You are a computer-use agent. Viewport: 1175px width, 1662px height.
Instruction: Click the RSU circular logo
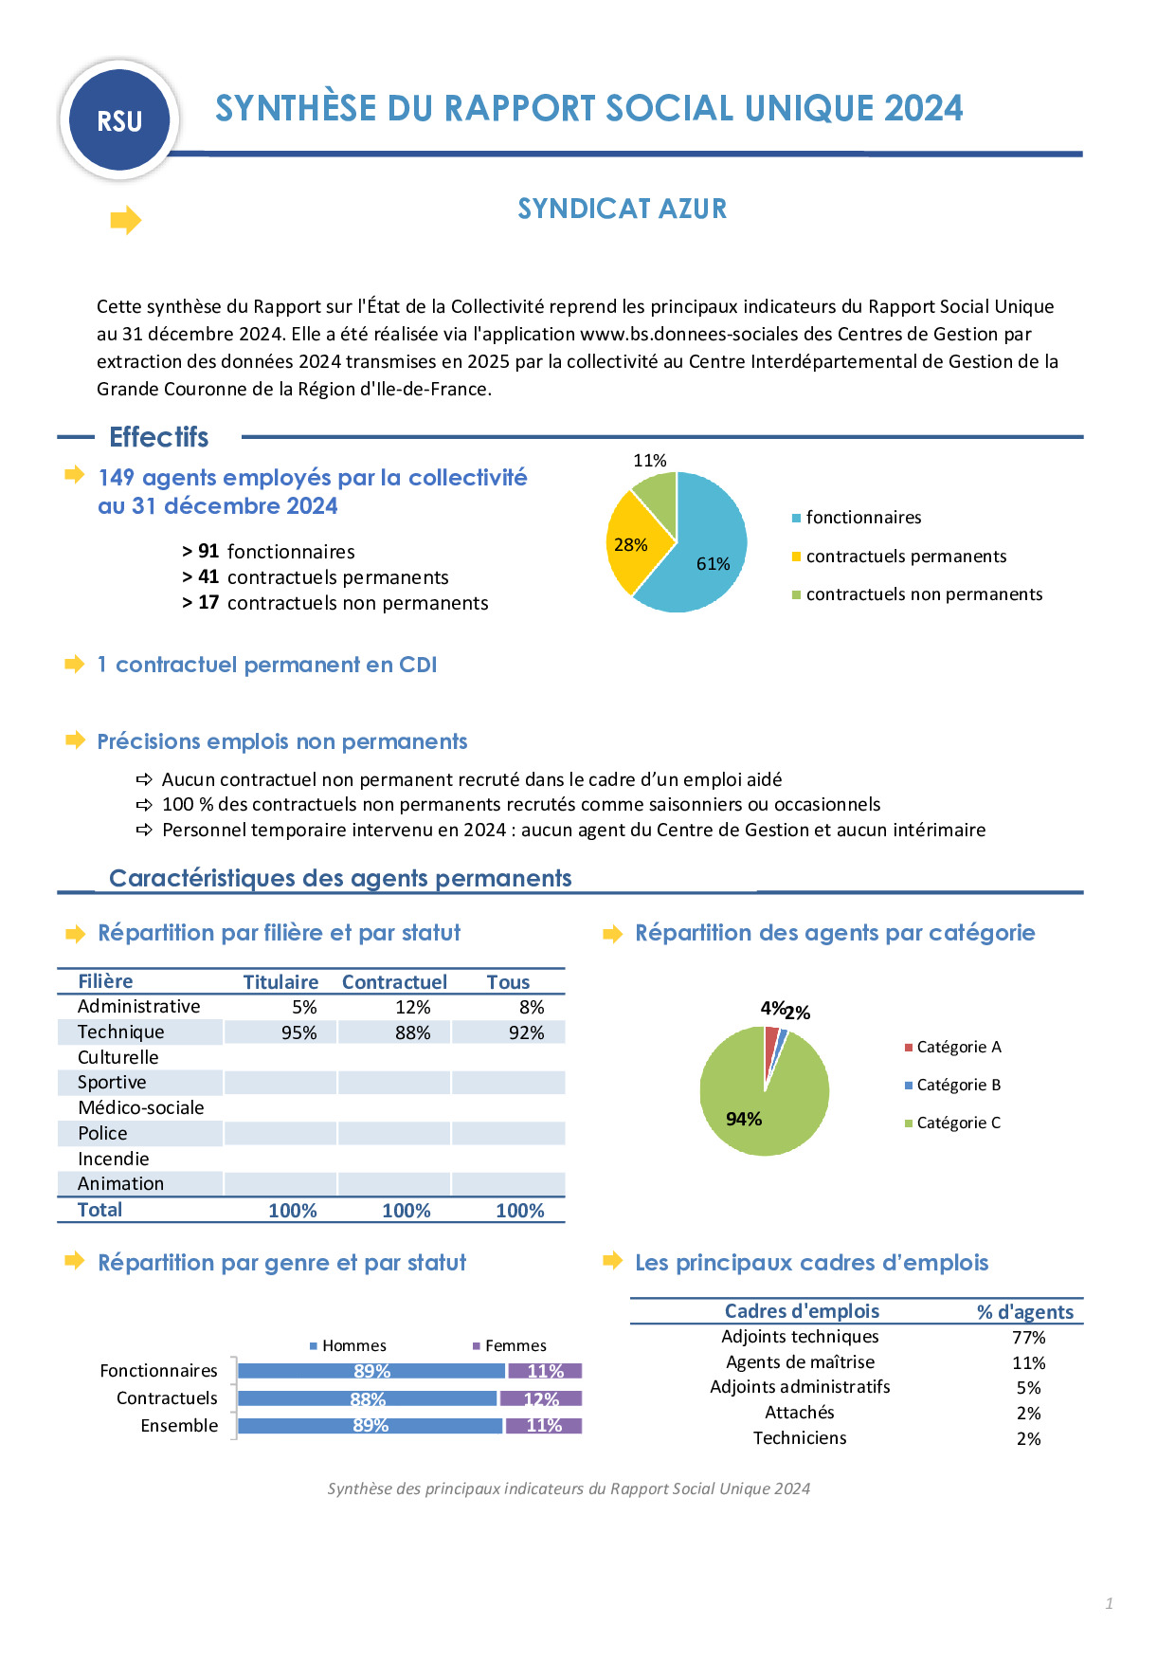coord(119,120)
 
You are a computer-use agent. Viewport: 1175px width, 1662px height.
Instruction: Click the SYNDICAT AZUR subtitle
coord(622,209)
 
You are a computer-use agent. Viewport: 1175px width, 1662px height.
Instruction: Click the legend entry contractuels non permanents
coord(923,594)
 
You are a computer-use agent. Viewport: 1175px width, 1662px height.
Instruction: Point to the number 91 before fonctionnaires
coord(208,552)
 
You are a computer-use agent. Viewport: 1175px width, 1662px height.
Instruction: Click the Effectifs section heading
coord(158,437)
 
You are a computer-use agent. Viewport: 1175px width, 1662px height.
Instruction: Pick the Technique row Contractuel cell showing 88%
coord(412,1032)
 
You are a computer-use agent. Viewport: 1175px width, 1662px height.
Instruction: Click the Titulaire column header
coord(280,982)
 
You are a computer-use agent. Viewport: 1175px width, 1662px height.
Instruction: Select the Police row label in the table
coord(102,1133)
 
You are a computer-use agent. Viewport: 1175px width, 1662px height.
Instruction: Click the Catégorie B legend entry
coord(957,1085)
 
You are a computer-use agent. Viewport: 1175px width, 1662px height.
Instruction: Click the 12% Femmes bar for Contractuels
coord(541,1398)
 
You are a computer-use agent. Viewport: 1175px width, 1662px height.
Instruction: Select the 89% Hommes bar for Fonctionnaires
coord(371,1371)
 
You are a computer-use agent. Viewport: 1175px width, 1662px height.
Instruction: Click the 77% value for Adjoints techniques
coord(1028,1338)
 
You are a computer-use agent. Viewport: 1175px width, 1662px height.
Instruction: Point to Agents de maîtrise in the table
coord(800,1362)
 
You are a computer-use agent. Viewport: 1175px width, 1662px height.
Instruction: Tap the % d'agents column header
coord(1025,1312)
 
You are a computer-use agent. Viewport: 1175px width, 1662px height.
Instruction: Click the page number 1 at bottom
coord(1109,1603)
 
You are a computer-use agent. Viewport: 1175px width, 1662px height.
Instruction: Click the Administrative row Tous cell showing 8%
coord(531,1007)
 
